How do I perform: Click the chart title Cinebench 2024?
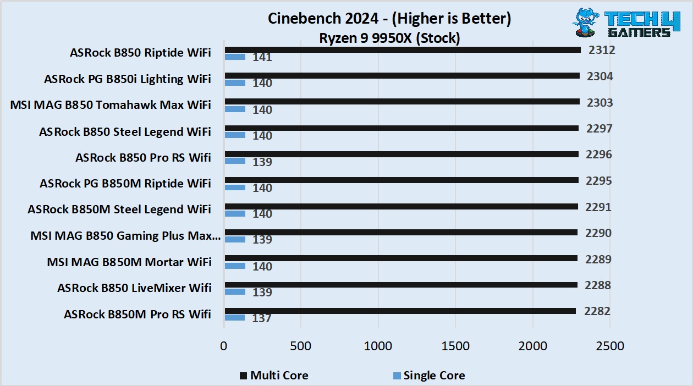pyautogui.click(x=389, y=19)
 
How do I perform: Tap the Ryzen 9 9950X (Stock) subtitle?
pyautogui.click(x=389, y=38)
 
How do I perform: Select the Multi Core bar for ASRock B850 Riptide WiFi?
pyautogui.click(x=402, y=50)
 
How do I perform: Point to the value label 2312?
pyautogui.click(x=601, y=50)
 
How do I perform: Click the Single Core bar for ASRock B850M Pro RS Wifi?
pyautogui.click(x=234, y=317)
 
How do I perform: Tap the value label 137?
pyautogui.click(x=262, y=318)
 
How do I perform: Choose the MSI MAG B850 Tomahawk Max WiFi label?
pyautogui.click(x=111, y=104)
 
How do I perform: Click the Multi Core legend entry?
pyautogui.click(x=273, y=376)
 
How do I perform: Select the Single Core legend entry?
pyautogui.click(x=428, y=376)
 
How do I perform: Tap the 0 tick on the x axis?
pyautogui.click(x=223, y=346)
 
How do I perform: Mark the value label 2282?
pyautogui.click(x=597, y=311)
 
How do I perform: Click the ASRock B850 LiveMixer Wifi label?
pyautogui.click(x=134, y=288)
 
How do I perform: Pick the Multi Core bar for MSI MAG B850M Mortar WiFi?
pyautogui.click(x=400, y=258)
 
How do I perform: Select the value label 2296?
pyautogui.click(x=598, y=155)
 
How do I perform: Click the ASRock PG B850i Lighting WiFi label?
pyautogui.click(x=128, y=79)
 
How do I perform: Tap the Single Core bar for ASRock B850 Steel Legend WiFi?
pyautogui.click(x=234, y=135)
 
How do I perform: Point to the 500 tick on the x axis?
pyautogui.click(x=301, y=346)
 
